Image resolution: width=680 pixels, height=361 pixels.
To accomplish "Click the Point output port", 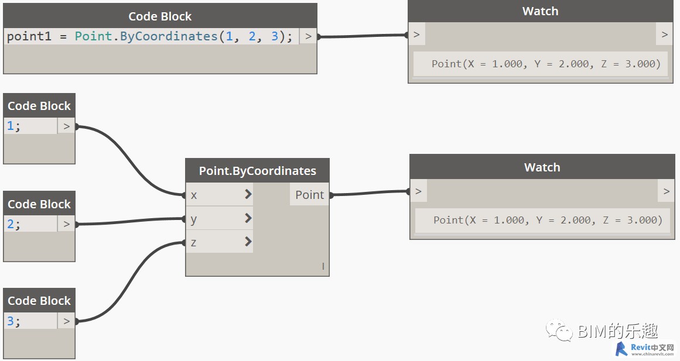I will click(309, 195).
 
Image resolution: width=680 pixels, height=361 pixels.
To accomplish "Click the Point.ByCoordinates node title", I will click(257, 171).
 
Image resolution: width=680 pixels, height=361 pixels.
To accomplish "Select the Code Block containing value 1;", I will click(39, 106).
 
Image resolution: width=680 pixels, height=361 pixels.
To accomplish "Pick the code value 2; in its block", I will click(13, 224).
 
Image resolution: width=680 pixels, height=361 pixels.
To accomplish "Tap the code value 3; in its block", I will click(13, 321).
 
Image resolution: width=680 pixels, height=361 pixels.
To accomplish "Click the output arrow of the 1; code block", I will click(66, 126).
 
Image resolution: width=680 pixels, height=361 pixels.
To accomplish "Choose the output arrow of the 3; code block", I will click(66, 321).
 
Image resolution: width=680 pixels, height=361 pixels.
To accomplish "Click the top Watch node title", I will click(540, 11).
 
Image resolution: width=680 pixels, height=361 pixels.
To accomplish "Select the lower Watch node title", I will click(542, 167).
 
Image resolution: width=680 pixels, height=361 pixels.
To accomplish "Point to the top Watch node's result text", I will click(546, 64).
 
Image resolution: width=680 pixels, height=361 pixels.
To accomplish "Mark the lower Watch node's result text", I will click(548, 220).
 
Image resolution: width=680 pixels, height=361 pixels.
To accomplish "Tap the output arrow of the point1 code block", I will click(308, 36).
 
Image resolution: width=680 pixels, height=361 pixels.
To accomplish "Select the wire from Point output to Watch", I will click(369, 192).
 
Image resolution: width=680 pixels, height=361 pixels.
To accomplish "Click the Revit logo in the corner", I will click(621, 349).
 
